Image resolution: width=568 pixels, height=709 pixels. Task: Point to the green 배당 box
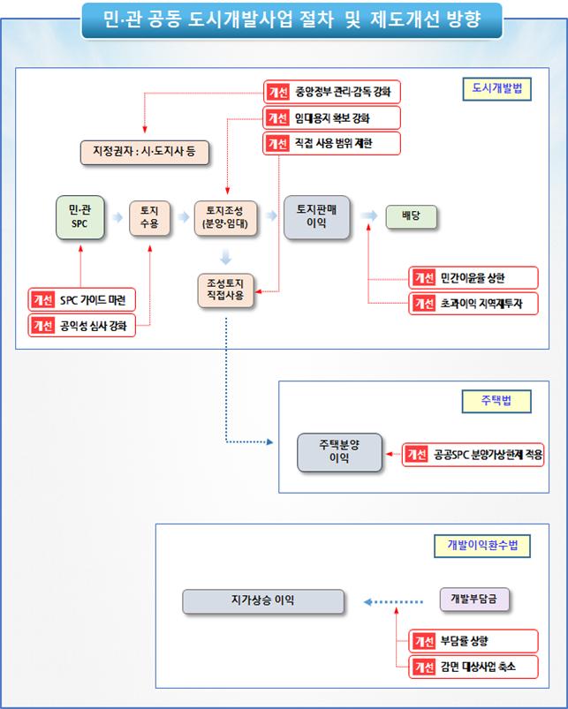pyautogui.click(x=411, y=216)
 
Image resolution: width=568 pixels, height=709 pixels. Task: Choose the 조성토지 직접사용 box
pyautogui.click(x=225, y=290)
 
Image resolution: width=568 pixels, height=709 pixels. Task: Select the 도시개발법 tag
pyautogui.click(x=496, y=89)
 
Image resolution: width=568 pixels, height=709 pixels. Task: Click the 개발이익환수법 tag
pyautogui.click(x=482, y=545)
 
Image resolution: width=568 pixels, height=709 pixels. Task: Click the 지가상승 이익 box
pyautogui.click(x=263, y=601)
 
